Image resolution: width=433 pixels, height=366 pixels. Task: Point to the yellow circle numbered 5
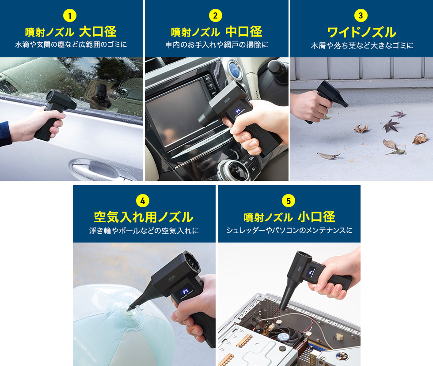[x=289, y=201]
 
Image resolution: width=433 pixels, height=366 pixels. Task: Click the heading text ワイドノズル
[x=361, y=32]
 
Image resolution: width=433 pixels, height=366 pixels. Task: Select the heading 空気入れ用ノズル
[x=143, y=217]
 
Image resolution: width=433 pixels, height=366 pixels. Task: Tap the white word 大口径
[x=98, y=32]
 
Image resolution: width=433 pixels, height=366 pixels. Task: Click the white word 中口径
[x=243, y=32]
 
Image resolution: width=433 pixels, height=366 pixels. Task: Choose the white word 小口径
[x=316, y=217]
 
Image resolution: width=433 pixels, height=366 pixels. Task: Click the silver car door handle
[x=95, y=168]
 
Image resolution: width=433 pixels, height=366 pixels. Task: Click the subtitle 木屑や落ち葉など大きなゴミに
[x=361, y=45]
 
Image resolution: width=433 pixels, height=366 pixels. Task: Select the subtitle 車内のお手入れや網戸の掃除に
[x=216, y=45]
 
